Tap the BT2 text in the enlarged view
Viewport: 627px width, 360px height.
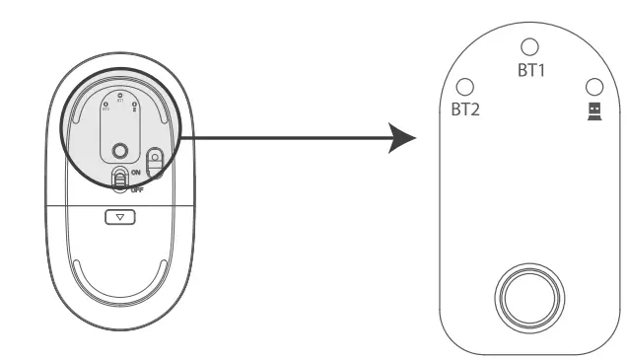(465, 109)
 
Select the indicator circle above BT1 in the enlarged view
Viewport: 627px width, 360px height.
(530, 46)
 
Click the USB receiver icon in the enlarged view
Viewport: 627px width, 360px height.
(593, 109)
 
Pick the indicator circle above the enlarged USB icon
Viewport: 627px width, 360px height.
(593, 87)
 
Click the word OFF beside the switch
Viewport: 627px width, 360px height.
(136, 187)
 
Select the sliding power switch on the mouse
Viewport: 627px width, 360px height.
(120, 180)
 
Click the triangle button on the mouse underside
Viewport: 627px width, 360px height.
(119, 216)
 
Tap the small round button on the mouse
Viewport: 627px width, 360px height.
(120, 151)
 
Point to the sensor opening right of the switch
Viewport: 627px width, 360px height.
(155, 159)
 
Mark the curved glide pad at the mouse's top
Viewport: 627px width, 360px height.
(120, 82)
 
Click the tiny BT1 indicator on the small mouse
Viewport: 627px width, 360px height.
(120, 97)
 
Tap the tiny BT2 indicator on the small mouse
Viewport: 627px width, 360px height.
(105, 105)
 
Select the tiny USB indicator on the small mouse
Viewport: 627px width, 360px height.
(135, 105)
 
